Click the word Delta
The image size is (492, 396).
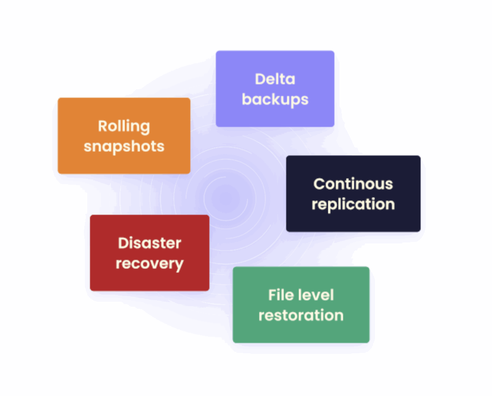(x=275, y=79)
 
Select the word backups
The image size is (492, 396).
(x=275, y=99)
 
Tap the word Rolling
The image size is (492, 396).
(x=124, y=126)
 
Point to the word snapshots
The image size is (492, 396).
(x=124, y=146)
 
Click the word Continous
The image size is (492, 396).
(x=353, y=184)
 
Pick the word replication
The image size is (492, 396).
(x=353, y=204)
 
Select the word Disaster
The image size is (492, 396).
(x=149, y=243)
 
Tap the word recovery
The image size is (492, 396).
(x=149, y=263)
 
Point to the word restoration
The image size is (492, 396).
(x=301, y=315)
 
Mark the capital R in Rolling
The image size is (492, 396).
(x=103, y=126)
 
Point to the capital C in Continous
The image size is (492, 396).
(x=319, y=184)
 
